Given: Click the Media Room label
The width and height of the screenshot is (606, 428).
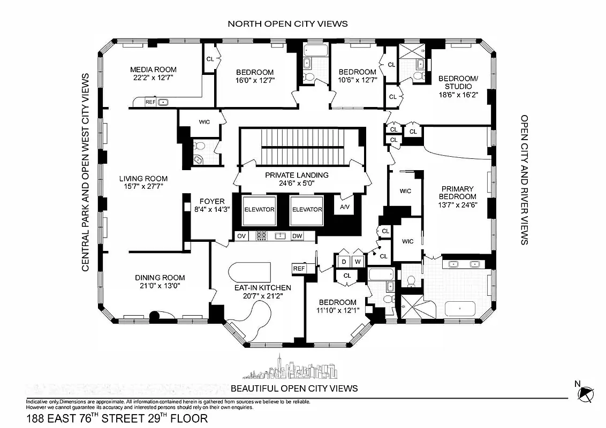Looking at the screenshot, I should tap(153, 70).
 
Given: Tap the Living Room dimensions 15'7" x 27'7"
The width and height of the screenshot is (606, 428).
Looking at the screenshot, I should tap(143, 187).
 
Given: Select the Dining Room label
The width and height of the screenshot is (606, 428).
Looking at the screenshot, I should tap(160, 278).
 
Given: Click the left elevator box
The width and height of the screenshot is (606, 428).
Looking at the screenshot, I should tap(259, 210).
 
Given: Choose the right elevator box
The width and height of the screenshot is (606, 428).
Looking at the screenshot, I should tap(307, 210).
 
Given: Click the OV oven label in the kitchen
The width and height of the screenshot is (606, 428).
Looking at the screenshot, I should tap(241, 236).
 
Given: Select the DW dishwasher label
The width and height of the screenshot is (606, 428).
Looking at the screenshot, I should tap(297, 236).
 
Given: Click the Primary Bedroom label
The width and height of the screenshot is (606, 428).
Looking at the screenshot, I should tap(458, 192).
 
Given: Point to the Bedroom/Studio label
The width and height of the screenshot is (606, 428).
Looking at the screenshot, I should tap(455, 82).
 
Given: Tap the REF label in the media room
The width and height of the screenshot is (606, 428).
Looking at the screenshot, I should tap(150, 102).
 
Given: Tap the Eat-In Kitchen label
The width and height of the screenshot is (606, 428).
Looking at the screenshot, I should tap(262, 287).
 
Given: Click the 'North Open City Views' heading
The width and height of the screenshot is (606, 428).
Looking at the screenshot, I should tap(287, 24).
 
